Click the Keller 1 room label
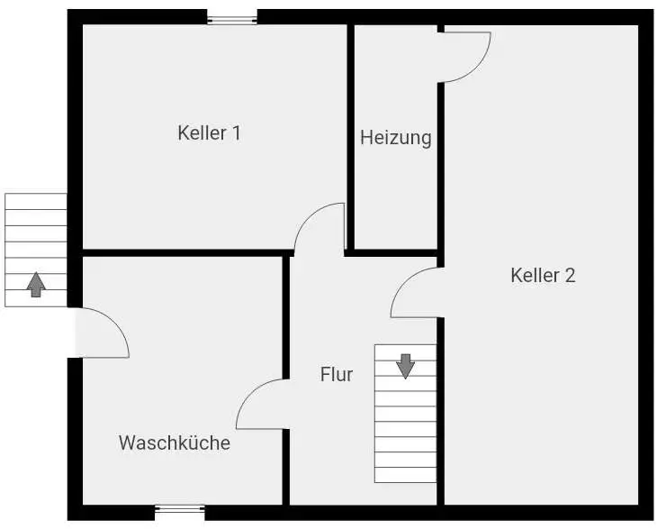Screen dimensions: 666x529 click(209, 133)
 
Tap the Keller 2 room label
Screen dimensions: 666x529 click(543, 276)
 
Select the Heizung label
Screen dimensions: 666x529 click(396, 138)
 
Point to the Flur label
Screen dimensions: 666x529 click(337, 375)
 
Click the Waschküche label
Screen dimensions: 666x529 click(175, 443)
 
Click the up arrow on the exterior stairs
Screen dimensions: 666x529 click(36, 285)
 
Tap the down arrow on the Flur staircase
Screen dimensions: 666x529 click(406, 365)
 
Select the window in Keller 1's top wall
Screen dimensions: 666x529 click(231, 17)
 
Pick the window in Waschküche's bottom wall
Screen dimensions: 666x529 click(180, 510)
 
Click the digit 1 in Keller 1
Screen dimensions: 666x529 click(236, 133)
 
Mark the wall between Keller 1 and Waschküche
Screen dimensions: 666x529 click(180, 252)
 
